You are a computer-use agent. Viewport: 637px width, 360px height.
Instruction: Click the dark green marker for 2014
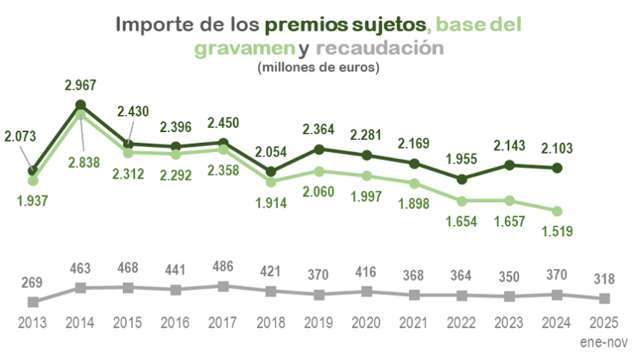pyautogui.click(x=80, y=104)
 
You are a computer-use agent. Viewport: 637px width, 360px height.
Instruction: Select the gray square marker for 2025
pyautogui.click(x=605, y=298)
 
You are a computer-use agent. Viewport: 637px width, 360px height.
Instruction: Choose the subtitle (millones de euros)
pyautogui.click(x=318, y=68)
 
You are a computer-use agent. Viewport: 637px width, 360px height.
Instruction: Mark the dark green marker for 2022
pyautogui.click(x=462, y=179)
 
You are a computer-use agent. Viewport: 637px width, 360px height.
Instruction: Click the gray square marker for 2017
pyautogui.click(x=224, y=286)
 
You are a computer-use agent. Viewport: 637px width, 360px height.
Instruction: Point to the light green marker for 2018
pyautogui.click(x=271, y=181)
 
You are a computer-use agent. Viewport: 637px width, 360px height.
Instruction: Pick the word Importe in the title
pyautogui.click(x=148, y=24)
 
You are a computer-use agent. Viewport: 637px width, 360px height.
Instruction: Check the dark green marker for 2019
pyautogui.click(x=319, y=149)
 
